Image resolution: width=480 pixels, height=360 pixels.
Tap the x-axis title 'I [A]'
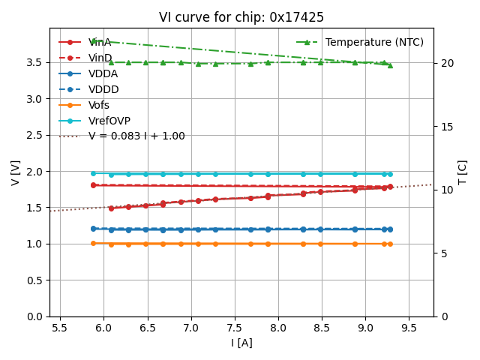point(241,343)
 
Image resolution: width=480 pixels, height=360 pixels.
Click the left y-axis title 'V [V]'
point(15,172)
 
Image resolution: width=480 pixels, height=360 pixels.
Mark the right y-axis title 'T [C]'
point(462,172)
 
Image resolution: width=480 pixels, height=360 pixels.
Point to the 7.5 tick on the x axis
point(235,328)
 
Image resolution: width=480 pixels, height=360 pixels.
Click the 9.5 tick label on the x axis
point(409,328)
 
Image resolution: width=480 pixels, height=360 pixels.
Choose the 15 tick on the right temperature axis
point(443,126)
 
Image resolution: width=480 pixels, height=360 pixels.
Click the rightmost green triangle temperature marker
point(390,65)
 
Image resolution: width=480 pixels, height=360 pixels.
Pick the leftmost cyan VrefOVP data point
point(93,173)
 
